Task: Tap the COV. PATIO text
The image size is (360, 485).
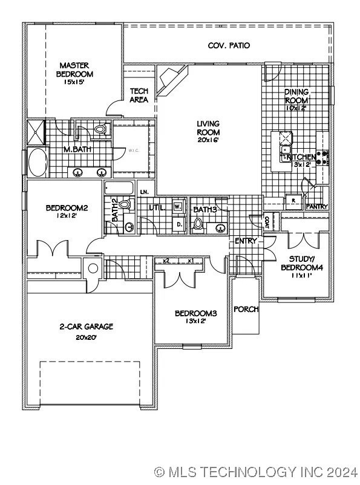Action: pyautogui.click(x=229, y=45)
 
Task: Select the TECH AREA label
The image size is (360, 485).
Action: pyautogui.click(x=139, y=96)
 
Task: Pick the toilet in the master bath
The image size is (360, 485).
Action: pyautogui.click(x=100, y=129)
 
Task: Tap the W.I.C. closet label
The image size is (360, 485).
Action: pyautogui.click(x=134, y=152)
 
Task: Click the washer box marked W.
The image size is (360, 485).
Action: pyautogui.click(x=178, y=206)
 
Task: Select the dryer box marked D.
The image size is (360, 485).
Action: pyautogui.click(x=179, y=224)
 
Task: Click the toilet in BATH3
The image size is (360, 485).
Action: pyautogui.click(x=198, y=225)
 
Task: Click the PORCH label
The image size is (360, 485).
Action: pyautogui.click(x=246, y=309)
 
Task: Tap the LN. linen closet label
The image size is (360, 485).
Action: pyautogui.click(x=145, y=192)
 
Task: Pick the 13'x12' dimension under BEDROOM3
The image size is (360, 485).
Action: pyautogui.click(x=195, y=321)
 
